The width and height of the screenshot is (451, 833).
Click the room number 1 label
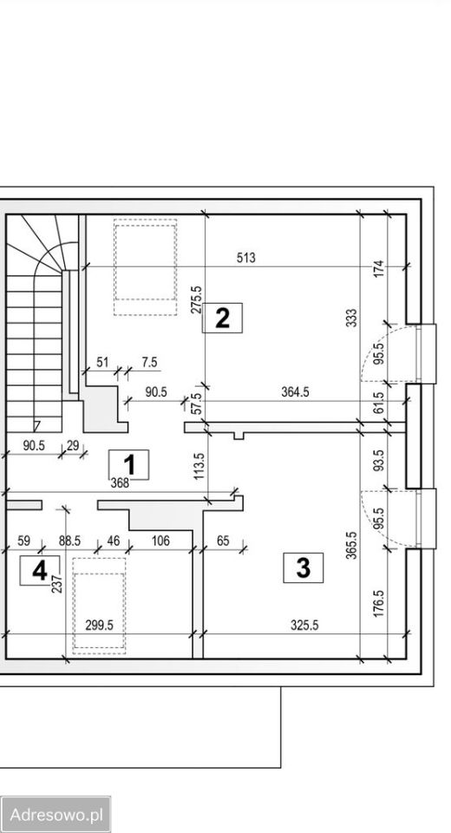pyautogui.click(x=128, y=465)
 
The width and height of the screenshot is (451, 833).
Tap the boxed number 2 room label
pyautogui.click(x=222, y=318)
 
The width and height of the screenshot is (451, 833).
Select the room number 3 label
pyautogui.click(x=303, y=567)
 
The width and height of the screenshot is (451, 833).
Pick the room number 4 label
pyautogui.click(x=40, y=571)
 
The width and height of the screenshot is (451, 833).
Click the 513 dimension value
pyautogui.click(x=246, y=258)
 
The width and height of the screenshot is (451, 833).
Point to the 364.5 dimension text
pyautogui.click(x=295, y=392)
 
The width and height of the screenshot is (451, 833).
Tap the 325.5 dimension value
pyautogui.click(x=304, y=626)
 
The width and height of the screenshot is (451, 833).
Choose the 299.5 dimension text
pyautogui.click(x=100, y=626)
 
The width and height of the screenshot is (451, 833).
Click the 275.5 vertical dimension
pyautogui.click(x=196, y=300)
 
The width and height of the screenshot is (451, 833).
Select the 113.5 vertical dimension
pyautogui.click(x=199, y=466)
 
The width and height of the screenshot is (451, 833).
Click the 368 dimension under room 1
pyautogui.click(x=120, y=483)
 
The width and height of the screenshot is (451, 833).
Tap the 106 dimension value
pyautogui.click(x=160, y=541)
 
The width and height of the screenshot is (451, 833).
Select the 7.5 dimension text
pyautogui.click(x=150, y=363)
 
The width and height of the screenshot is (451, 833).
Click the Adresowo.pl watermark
pyautogui.click(x=56, y=815)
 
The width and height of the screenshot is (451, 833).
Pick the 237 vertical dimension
pyautogui.click(x=58, y=584)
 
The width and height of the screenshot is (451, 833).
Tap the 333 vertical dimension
pyautogui.click(x=351, y=318)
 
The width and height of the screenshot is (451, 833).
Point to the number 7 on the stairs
pyautogui.click(x=36, y=426)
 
